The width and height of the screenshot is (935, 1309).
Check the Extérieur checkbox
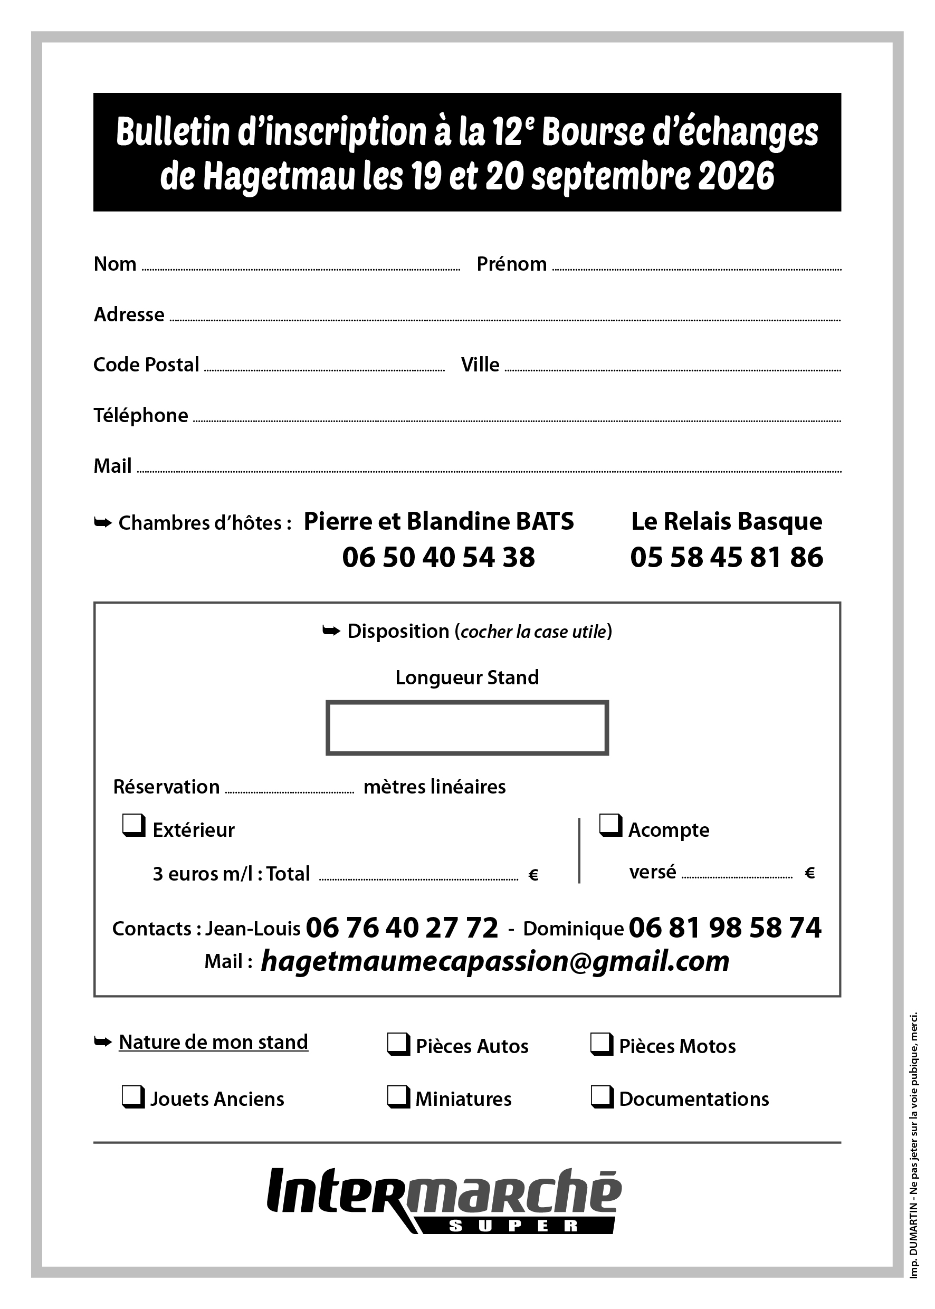tap(133, 826)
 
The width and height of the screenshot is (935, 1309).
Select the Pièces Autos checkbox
tap(398, 1044)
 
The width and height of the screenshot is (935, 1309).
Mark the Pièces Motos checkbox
tap(602, 1044)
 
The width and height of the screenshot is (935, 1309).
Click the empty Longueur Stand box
tap(467, 728)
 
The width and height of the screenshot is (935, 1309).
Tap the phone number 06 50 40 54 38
tap(438, 557)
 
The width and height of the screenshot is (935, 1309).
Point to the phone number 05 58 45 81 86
tap(727, 557)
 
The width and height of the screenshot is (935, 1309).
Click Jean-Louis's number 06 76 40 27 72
tap(402, 928)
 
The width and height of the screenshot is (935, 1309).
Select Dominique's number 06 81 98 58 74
tap(725, 928)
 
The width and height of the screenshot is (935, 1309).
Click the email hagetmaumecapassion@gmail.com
tap(495, 961)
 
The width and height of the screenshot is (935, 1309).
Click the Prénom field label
tap(511, 264)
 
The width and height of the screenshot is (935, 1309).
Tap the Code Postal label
tap(146, 365)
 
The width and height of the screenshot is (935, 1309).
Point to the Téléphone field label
tap(141, 415)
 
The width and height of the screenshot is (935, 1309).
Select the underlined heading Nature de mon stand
tap(214, 1042)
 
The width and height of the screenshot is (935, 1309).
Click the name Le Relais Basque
tap(727, 521)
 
